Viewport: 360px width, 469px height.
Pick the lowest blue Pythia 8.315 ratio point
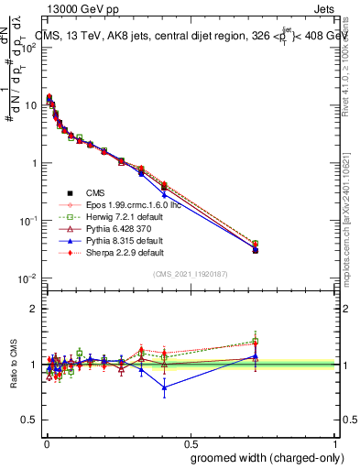click(x=164, y=387)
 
